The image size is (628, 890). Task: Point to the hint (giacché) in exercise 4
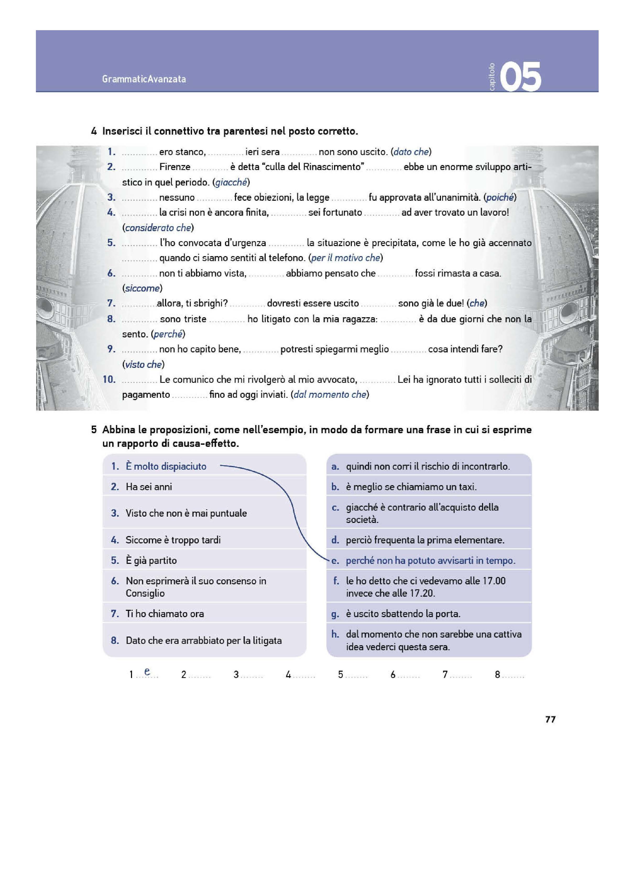(x=231, y=182)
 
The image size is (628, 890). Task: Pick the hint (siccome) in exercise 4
(x=142, y=288)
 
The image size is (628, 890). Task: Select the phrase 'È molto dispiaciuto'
(x=166, y=466)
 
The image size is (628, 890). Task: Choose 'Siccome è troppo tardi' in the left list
(x=173, y=540)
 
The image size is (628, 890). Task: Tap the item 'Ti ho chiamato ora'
(x=165, y=614)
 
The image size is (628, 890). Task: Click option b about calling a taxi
(x=411, y=487)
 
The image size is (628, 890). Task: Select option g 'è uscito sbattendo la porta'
(x=403, y=614)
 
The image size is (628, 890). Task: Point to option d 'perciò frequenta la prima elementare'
(x=425, y=540)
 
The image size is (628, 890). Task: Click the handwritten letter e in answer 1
(x=147, y=671)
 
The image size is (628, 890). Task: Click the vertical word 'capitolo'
(x=492, y=77)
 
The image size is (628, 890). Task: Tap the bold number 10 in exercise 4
(x=109, y=379)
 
